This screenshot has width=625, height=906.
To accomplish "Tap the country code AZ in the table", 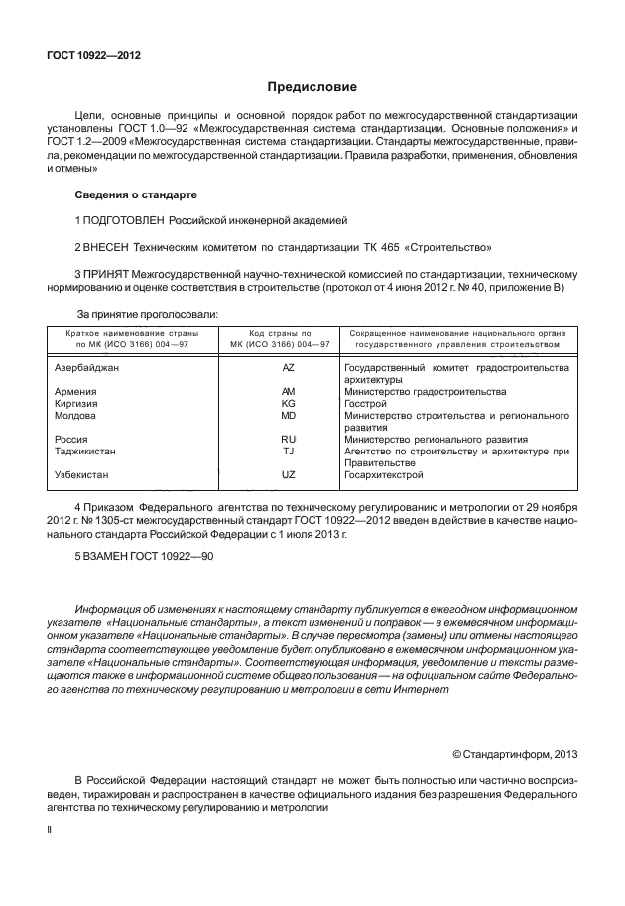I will pyautogui.click(x=289, y=368).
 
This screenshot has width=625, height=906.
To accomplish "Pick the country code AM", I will pyautogui.click(x=289, y=392).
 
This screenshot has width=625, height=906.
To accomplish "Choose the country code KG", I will pyautogui.click(x=289, y=404).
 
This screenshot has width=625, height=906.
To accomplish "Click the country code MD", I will pyautogui.click(x=289, y=416).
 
